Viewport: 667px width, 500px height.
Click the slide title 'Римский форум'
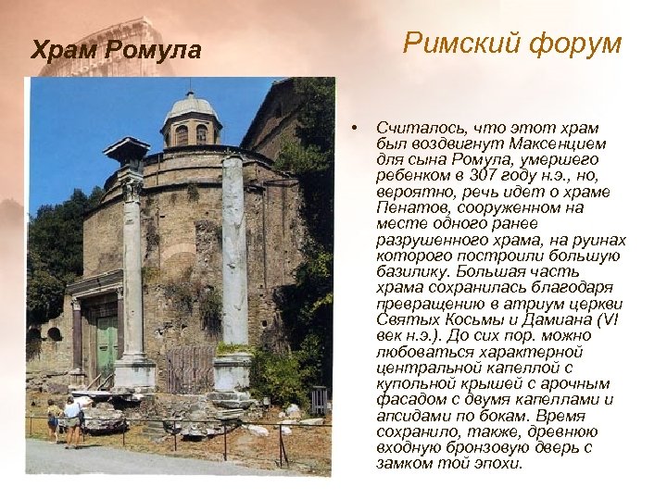point(512,44)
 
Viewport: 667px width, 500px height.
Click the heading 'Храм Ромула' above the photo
point(116,50)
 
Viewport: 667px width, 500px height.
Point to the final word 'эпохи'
point(495,463)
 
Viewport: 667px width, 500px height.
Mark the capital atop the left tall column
point(131,189)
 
